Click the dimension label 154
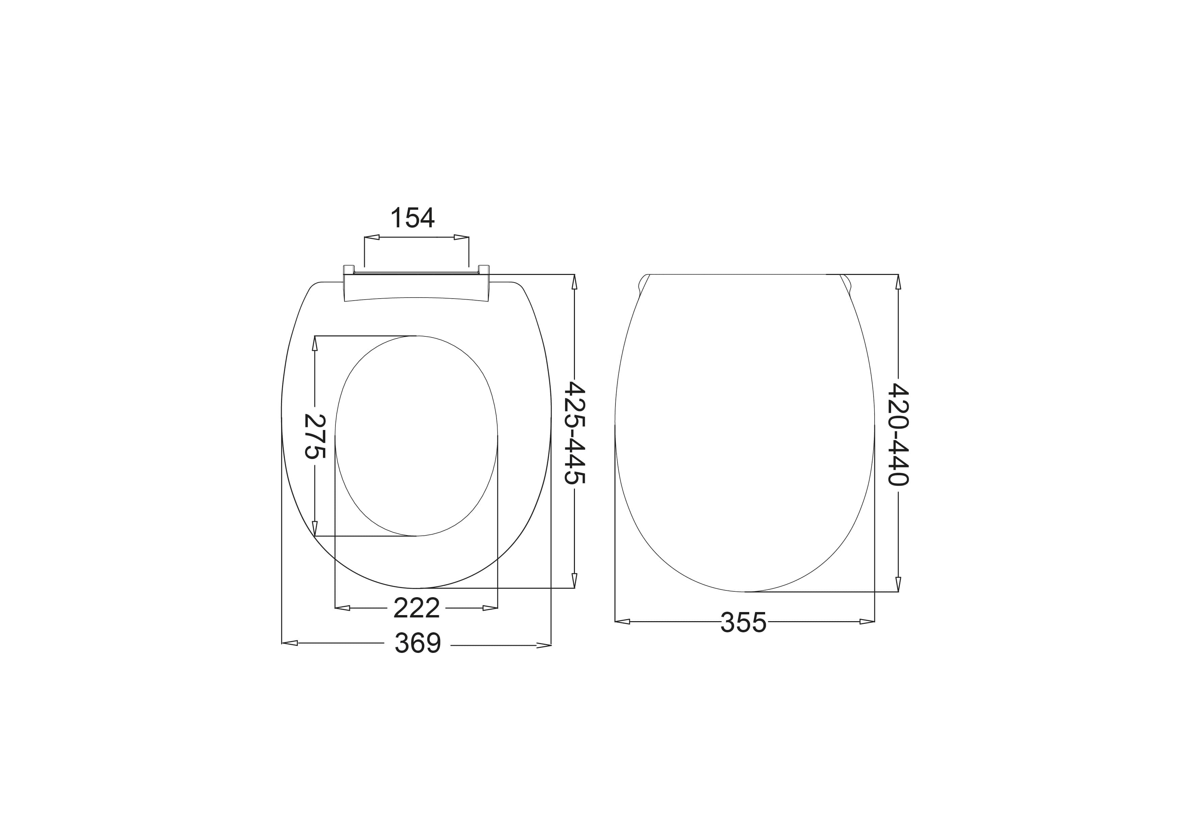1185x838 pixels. tap(412, 218)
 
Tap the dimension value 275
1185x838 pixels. tap(314, 436)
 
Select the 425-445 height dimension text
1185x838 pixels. tap(575, 433)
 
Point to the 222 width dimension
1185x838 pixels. tap(417, 608)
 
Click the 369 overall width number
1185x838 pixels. tap(418, 643)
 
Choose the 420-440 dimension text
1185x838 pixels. tap(898, 434)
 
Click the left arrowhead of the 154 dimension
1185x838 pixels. tap(372, 237)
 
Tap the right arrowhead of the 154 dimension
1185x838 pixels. tap(461, 237)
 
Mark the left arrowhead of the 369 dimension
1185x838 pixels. tap(289, 643)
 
